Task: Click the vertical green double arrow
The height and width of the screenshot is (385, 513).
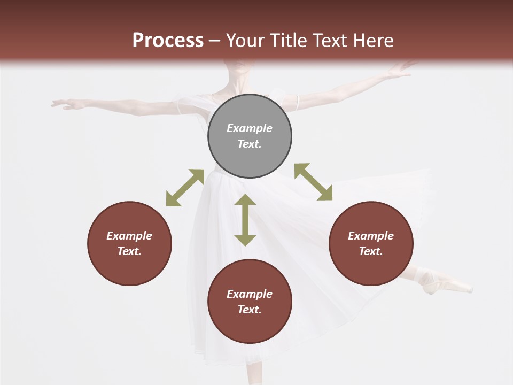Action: [245, 220]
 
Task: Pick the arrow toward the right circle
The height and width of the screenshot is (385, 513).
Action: [313, 182]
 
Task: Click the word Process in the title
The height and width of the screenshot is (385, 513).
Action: [168, 40]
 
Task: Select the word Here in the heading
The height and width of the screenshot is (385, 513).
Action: [374, 40]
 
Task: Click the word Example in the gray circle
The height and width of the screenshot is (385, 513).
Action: [250, 128]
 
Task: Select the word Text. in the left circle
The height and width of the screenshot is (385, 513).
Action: [129, 251]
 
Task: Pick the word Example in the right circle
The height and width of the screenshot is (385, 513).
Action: [370, 236]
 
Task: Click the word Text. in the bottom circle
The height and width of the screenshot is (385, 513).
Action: [250, 310]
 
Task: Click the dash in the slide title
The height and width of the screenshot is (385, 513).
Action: [214, 41]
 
